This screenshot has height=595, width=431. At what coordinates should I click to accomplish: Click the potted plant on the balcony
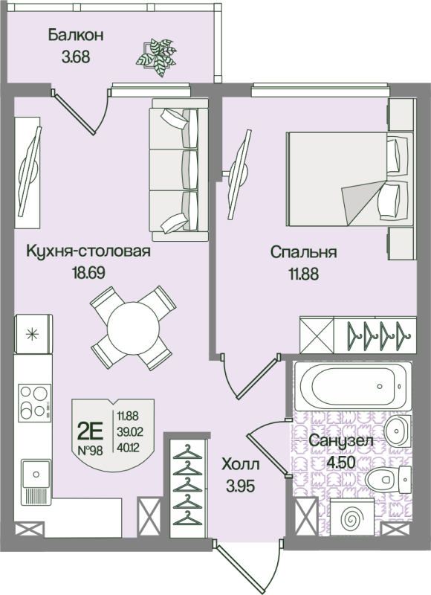coord(156,57)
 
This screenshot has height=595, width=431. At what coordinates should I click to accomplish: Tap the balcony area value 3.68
coord(76,58)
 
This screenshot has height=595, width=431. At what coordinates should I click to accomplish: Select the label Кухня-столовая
coord(88,251)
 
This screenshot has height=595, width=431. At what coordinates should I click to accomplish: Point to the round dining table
coord(134,328)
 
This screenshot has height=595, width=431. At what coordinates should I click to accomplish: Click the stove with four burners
coord(34,402)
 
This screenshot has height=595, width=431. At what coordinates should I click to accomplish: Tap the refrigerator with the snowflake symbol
coord(33,334)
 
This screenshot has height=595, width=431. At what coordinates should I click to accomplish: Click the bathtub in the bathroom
coord(353,386)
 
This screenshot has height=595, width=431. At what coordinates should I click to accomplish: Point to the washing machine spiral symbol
coord(352,518)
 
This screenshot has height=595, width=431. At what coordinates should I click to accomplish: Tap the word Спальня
coord(304,252)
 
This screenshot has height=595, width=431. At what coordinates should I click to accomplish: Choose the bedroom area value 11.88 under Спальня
coord(304,273)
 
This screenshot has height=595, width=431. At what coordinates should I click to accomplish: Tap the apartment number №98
coord(90,451)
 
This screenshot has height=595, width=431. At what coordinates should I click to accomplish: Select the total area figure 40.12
coord(128,448)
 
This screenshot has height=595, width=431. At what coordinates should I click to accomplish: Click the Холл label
coord(241,464)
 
